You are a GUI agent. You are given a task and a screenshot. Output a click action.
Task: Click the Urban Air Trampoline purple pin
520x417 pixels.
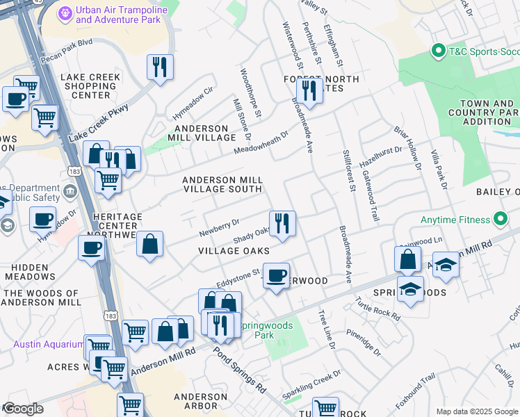click(65, 13)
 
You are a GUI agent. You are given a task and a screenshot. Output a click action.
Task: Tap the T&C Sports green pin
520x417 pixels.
click(438, 51)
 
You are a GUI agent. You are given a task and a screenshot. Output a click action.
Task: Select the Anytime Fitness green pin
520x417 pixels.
click(500, 220)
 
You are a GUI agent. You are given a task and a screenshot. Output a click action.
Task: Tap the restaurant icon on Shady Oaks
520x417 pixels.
click(282, 223)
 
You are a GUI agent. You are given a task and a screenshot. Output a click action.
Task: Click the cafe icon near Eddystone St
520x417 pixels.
click(277, 276)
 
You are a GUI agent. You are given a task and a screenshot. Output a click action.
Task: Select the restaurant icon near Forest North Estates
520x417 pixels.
click(309, 90)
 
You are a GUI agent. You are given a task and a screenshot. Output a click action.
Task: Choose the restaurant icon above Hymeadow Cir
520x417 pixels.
click(161, 67)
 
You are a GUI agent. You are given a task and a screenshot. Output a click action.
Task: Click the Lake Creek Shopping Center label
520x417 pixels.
click(90, 86)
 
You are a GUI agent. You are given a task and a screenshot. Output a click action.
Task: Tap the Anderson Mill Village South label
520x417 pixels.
click(222, 185)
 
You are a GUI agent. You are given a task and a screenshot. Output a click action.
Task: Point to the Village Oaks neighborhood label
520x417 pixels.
click(234, 250)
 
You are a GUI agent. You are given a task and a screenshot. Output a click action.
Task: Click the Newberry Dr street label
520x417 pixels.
click(220, 226)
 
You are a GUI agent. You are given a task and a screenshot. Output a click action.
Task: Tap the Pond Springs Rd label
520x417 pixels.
click(240, 368)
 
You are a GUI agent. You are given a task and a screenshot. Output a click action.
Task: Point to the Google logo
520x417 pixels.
click(23, 409)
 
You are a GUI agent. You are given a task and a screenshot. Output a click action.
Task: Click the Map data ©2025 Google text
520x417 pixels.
click(477, 411)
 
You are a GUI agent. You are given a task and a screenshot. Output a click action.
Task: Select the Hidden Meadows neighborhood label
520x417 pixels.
click(30, 271)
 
